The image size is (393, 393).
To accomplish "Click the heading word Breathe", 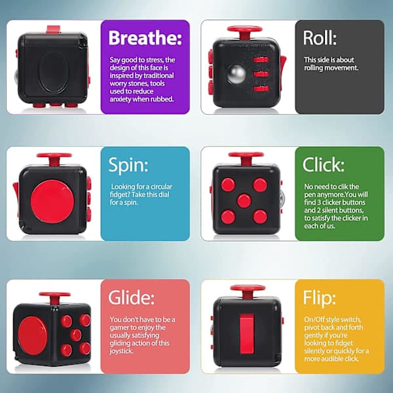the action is click(x=145, y=38).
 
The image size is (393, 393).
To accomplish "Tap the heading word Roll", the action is click(x=320, y=38).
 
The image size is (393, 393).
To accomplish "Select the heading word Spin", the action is click(x=128, y=166).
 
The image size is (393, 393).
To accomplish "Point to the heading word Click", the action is click(x=324, y=164).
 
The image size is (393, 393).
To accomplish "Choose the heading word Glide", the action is click(x=131, y=297).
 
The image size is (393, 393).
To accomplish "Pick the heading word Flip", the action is click(x=319, y=298).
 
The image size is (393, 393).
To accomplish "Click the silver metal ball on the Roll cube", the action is click(x=236, y=74).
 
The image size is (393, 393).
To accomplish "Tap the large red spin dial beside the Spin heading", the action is click(x=52, y=201).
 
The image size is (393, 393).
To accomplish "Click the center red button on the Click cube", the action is click(x=244, y=201).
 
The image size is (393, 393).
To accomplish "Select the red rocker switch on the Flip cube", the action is click(x=247, y=333).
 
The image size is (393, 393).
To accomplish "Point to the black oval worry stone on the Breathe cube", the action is click(x=54, y=71).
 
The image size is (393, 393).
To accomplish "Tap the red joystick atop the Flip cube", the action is click(x=248, y=291).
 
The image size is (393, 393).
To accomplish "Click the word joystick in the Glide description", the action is click(x=121, y=351).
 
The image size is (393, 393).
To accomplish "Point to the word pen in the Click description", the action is click(x=310, y=195).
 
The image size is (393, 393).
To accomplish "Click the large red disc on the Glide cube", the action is click(x=32, y=335).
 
